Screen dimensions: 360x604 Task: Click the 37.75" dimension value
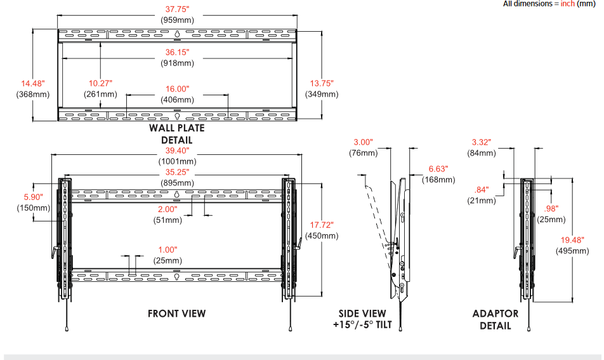pos(177,9)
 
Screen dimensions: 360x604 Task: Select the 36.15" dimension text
pos(177,53)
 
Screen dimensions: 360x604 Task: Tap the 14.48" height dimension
pos(32,83)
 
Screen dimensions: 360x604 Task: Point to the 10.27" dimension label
pos(100,83)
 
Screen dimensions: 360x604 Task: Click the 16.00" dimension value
pos(177,89)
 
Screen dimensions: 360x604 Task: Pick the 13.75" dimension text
pos(322,83)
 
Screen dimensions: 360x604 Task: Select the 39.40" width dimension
pos(177,150)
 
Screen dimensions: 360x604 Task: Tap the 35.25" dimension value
pos(177,171)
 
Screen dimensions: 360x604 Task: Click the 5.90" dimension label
pos(32,197)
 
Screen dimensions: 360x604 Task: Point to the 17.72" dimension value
pos(322,225)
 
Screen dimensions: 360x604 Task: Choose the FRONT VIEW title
pos(177,313)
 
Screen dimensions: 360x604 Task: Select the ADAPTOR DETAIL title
pos(496,319)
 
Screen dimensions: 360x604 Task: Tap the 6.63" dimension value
pos(438,169)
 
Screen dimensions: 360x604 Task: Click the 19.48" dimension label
pos(574,239)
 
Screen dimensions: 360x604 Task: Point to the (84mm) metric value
pos(482,153)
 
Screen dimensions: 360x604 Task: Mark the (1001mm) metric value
pos(177,161)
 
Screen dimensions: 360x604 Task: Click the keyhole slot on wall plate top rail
pos(178,34)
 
